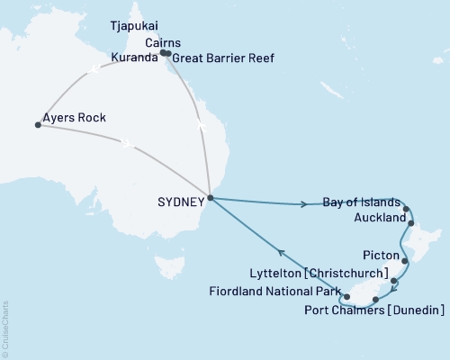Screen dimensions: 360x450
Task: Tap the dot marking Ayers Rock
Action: tap(38, 125)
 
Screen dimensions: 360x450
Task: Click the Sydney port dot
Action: tap(210, 198)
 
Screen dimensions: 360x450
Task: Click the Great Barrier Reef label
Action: tap(222, 58)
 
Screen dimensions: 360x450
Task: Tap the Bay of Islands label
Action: tap(359, 203)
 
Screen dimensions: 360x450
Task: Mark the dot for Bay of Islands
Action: tap(407, 210)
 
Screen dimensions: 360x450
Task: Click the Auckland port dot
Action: tap(410, 221)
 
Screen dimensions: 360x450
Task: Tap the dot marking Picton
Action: tap(405, 262)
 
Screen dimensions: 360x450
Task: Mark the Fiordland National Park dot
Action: tap(346, 295)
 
